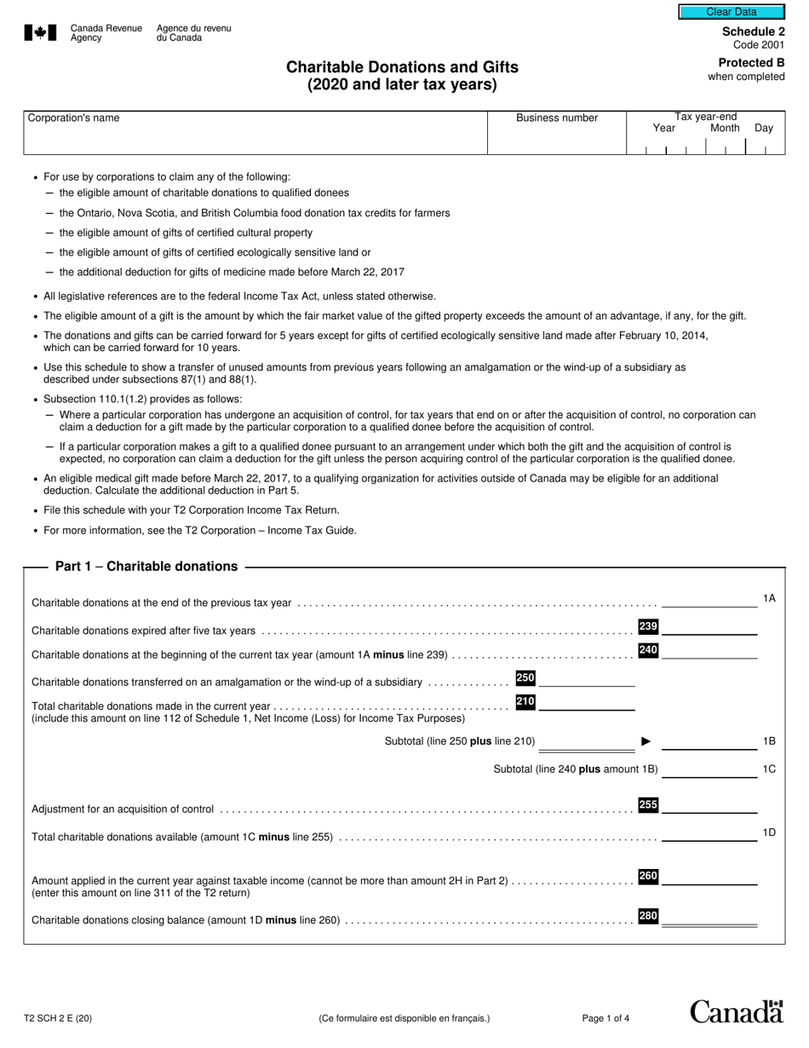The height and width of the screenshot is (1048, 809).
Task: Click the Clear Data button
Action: [x=731, y=12]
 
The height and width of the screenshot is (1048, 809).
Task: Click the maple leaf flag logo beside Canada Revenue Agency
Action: [x=40, y=33]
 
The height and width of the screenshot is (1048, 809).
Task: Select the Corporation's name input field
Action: [x=255, y=139]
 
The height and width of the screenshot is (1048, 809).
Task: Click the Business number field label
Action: [x=557, y=118]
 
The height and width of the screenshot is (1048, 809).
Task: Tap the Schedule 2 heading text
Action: [x=753, y=32]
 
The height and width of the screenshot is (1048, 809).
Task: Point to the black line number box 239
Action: [x=648, y=627]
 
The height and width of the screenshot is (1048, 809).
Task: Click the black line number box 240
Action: [x=648, y=651]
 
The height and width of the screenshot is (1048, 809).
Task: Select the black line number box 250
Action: [x=525, y=678]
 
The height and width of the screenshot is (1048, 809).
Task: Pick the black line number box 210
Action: [x=525, y=702]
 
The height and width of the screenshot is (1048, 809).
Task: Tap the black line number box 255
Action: [x=648, y=805]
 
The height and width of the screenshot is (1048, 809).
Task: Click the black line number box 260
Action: [x=648, y=877]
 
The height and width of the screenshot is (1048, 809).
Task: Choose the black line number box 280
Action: [x=648, y=917]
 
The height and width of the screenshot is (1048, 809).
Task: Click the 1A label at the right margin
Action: [x=768, y=599]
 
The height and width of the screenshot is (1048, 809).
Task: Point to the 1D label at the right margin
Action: [x=768, y=832]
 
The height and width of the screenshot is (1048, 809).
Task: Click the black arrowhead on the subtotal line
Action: [x=645, y=741]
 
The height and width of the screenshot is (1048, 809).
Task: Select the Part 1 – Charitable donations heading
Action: [x=146, y=567]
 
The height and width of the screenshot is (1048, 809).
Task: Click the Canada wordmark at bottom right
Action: [x=736, y=1011]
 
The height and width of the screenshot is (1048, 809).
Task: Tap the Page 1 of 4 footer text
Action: [x=605, y=1018]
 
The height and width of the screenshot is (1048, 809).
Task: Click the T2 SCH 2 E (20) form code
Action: [x=58, y=1018]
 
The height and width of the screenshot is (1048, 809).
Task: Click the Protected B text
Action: [x=751, y=62]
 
